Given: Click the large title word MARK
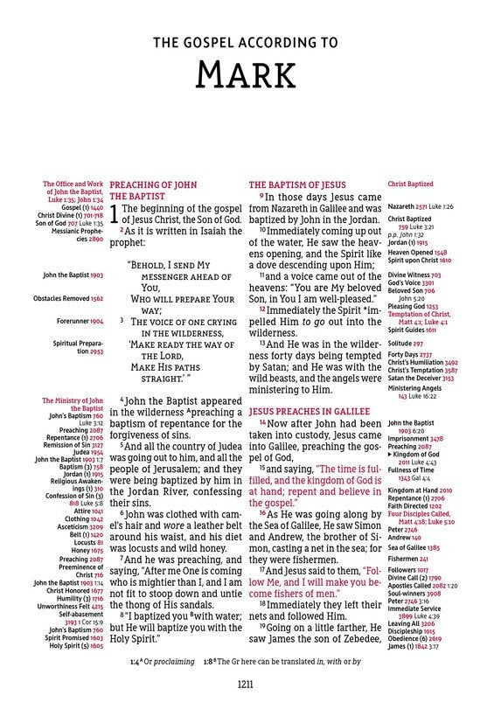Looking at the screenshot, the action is pos(247,75).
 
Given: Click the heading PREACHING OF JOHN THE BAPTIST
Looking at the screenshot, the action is pos(154,191).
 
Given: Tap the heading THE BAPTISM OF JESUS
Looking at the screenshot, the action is pos(297,185).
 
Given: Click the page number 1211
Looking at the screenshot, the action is pos(246,685).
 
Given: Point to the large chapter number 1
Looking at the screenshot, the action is pos(115,213).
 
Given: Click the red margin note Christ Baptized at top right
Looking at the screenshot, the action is pos(410,184).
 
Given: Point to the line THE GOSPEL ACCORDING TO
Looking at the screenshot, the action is pos(246,41).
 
